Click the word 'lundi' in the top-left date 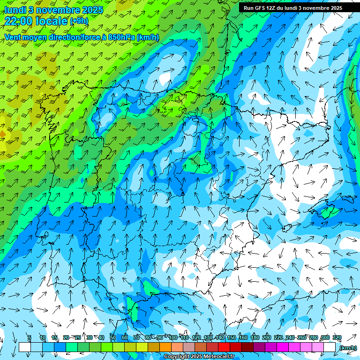click(15, 10)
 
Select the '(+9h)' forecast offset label click(79, 21)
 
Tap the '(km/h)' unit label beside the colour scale click(348, 347)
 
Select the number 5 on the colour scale click(29, 338)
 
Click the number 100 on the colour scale click(173, 338)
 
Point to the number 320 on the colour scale click(337, 338)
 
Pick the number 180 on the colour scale click(255, 338)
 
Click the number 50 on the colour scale click(113, 338)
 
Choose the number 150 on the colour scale click(232, 338)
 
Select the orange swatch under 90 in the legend click(165, 347)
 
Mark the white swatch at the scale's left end click(24, 347)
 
